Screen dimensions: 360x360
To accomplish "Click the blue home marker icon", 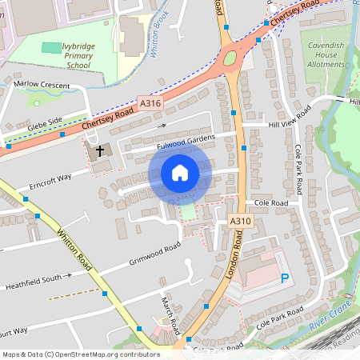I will (x=180, y=173).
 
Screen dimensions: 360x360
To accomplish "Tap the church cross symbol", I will (x=101, y=150).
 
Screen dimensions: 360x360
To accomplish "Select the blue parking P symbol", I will (x=285, y=278).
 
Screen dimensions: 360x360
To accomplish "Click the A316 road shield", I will (x=150, y=103).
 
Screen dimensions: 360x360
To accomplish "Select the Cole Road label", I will (x=270, y=204).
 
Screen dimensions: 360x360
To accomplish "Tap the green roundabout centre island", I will (x=231, y=58).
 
